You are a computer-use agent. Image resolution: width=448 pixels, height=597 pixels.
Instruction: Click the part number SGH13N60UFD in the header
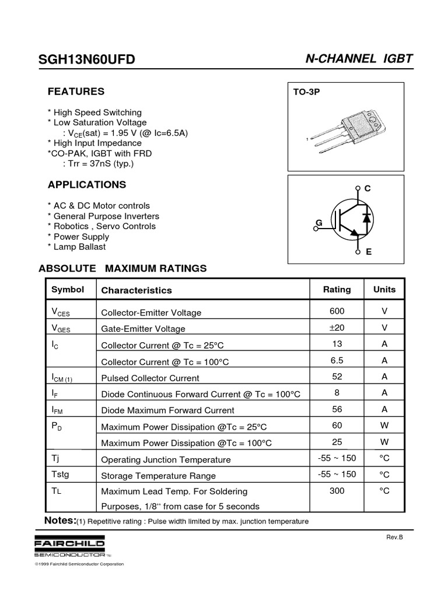pyautogui.click(x=86, y=60)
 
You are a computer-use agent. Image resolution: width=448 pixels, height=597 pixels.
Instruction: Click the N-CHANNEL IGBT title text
pyautogui.click(x=359, y=59)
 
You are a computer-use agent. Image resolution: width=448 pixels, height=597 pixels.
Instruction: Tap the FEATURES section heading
pyautogui.click(x=76, y=92)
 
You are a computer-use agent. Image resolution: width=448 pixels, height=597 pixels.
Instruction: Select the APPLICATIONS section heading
pyautogui.click(x=86, y=185)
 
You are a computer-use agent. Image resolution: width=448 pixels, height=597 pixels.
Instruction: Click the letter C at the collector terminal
pyautogui.click(x=367, y=189)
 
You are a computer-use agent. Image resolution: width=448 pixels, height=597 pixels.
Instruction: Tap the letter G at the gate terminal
pyautogui.click(x=319, y=223)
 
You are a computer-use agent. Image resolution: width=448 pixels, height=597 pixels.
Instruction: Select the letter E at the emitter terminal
pyautogui.click(x=369, y=252)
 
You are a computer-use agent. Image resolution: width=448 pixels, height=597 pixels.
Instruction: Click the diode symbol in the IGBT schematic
pyautogui.click(x=366, y=218)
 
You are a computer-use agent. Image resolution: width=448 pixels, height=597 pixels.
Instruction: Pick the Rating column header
pyautogui.click(x=337, y=289)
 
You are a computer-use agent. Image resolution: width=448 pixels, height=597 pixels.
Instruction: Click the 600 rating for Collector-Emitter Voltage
pyautogui.click(x=337, y=311)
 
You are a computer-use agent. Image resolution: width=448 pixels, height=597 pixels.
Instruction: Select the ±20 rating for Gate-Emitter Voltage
pyautogui.click(x=337, y=328)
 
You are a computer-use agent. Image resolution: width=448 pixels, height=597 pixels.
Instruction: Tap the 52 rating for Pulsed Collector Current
pyautogui.click(x=337, y=377)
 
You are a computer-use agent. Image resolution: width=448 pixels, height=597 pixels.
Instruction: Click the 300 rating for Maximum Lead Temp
pyautogui.click(x=337, y=491)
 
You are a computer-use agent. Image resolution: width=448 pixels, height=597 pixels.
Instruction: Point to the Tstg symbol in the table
pyautogui.click(x=61, y=474)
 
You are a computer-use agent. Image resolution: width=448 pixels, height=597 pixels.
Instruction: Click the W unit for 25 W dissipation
pyautogui.click(x=384, y=442)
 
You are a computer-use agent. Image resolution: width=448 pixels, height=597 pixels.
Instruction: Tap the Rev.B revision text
pyautogui.click(x=395, y=537)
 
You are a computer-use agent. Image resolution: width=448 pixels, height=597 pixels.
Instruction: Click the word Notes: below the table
pyautogui.click(x=60, y=520)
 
